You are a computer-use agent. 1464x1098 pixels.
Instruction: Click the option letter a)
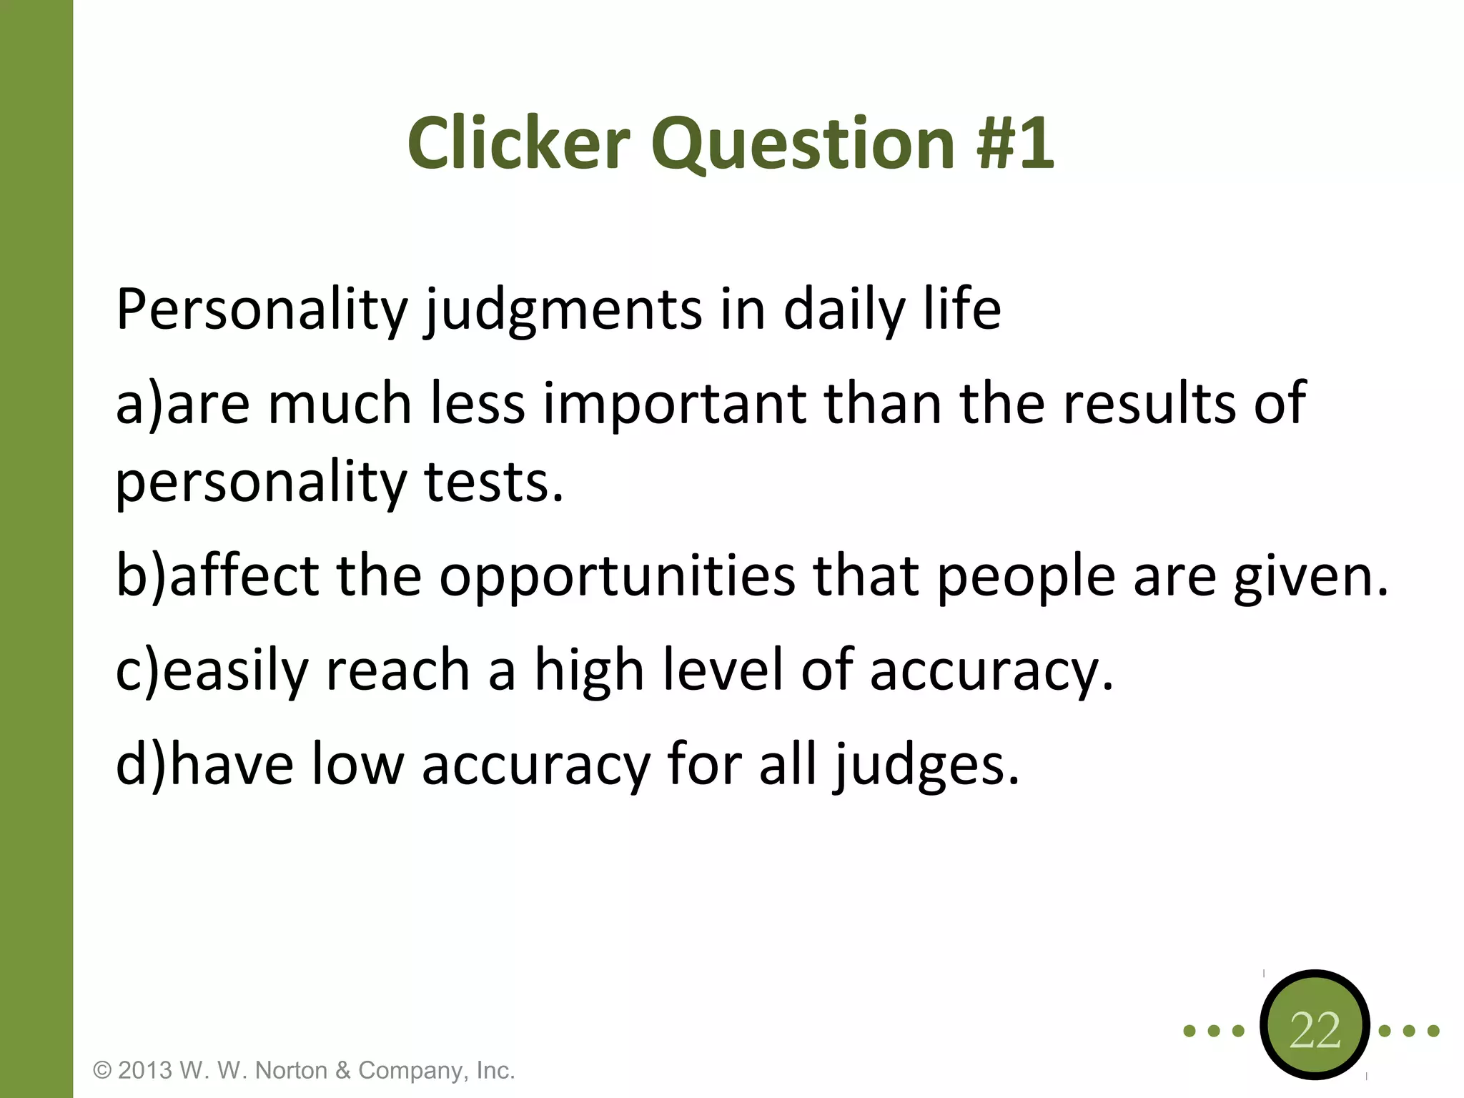[139, 405]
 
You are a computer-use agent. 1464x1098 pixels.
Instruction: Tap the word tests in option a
[493, 483]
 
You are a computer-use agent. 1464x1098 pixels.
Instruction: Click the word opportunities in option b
[616, 578]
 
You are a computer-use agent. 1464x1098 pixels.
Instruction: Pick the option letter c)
[138, 671]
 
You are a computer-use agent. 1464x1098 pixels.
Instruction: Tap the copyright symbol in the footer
[103, 1070]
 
